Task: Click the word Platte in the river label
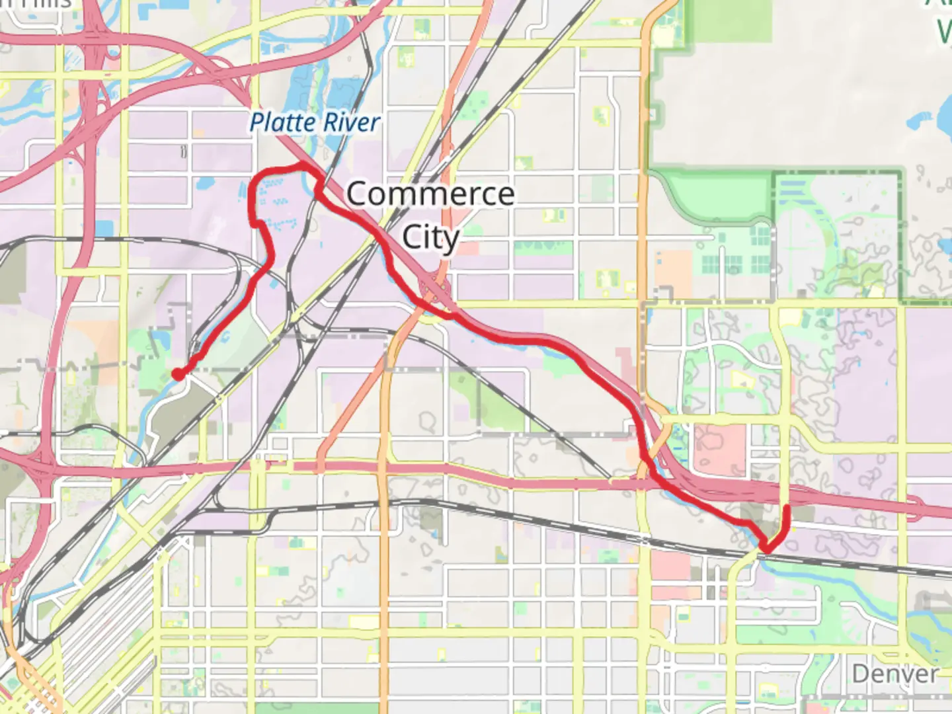[x=282, y=123]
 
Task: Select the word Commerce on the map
[x=430, y=194]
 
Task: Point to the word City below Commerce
[x=430, y=237]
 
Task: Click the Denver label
[x=894, y=674]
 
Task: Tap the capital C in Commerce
[x=358, y=194]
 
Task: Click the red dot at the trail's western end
[x=178, y=375]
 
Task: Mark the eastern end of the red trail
[x=787, y=509]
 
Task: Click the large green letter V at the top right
[x=944, y=30]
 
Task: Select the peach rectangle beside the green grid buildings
[x=674, y=271]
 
